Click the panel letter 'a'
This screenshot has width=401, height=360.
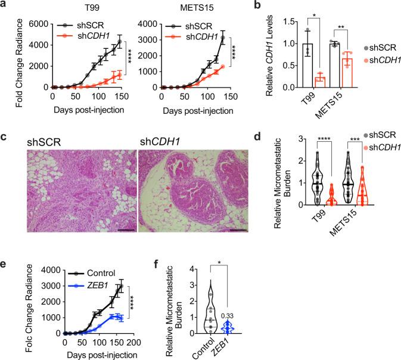coord(5,5)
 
